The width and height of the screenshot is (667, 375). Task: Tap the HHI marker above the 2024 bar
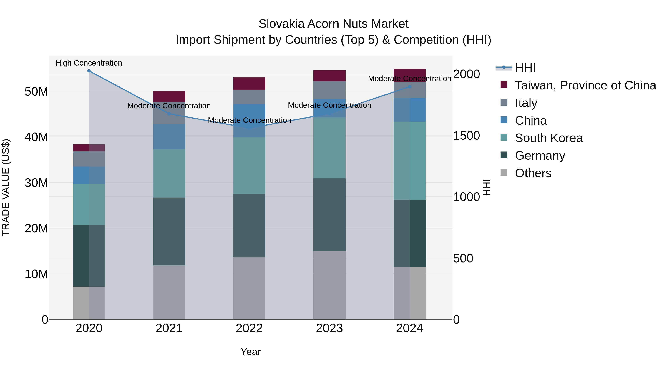tap(410, 87)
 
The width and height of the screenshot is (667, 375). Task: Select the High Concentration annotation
tap(89, 63)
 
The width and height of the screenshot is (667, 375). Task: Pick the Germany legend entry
tap(540, 156)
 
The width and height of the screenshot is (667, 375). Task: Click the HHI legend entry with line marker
tap(525, 68)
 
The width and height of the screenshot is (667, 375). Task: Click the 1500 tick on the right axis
tap(466, 136)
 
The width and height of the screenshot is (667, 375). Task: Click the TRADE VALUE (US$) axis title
tap(6, 187)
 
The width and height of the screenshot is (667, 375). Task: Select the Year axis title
tap(250, 352)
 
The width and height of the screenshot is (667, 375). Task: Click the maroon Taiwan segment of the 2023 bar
tap(329, 76)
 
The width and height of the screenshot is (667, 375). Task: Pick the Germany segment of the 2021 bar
tap(169, 231)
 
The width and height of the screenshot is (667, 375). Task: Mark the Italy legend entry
tap(526, 103)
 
